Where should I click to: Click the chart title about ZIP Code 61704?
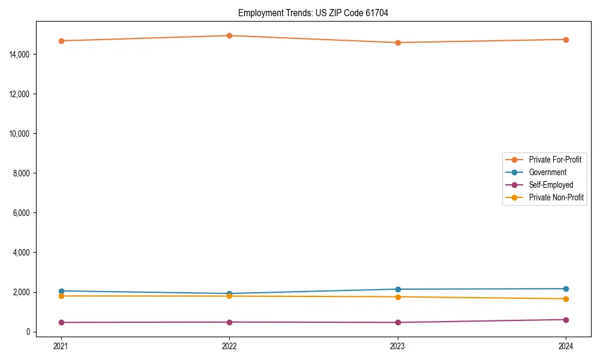point(313,13)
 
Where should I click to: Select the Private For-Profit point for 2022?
point(229,35)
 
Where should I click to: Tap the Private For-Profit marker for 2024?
point(566,40)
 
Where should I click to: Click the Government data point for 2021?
point(61,291)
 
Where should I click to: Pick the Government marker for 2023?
point(398,289)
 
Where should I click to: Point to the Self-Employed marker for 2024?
point(566,320)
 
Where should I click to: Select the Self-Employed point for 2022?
point(229,322)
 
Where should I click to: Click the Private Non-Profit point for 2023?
point(398,297)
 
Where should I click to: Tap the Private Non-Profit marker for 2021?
point(61,296)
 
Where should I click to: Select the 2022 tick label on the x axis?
point(229,346)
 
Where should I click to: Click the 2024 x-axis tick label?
point(566,346)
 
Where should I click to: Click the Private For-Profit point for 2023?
point(398,43)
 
